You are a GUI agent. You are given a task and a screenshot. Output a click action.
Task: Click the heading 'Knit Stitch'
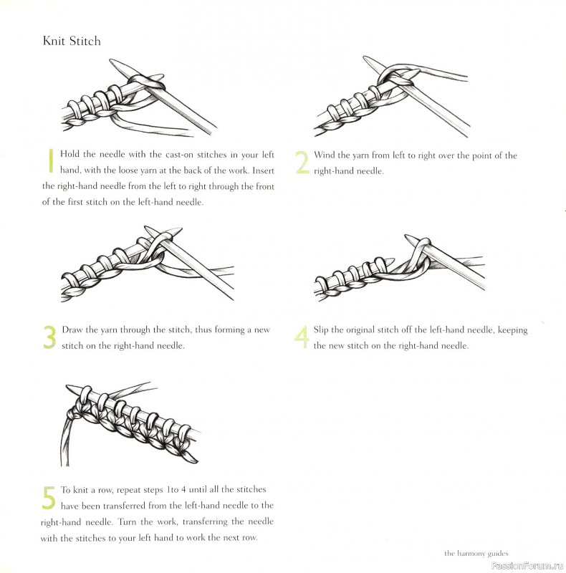pyautogui.click(x=72, y=41)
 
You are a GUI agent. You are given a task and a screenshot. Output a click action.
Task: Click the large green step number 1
pyautogui.click(x=50, y=160)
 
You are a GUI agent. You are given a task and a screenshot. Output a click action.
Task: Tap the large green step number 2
pyautogui.click(x=302, y=163)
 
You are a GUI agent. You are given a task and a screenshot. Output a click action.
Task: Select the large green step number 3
pyautogui.click(x=49, y=337)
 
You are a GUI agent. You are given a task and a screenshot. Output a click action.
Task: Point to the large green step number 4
pyautogui.click(x=302, y=337)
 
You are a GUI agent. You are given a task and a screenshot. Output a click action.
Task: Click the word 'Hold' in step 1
pyautogui.click(x=70, y=155)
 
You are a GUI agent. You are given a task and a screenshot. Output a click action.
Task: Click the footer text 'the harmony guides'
pyautogui.click(x=476, y=553)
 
